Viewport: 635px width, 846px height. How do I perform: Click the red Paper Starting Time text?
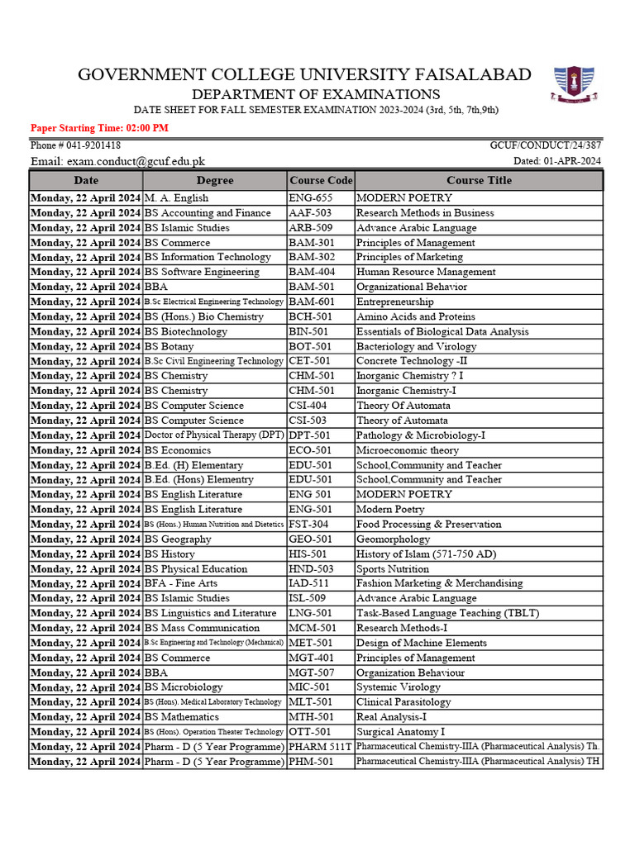[x=99, y=128]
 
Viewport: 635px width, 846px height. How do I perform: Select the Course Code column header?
[x=321, y=180]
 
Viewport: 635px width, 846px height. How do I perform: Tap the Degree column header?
[x=215, y=180]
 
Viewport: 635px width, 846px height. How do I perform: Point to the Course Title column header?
[x=479, y=180]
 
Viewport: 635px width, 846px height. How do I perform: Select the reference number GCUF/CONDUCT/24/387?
[x=546, y=145]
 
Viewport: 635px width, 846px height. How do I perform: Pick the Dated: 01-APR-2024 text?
[x=557, y=161]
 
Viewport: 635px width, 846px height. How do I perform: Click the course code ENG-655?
[x=309, y=198]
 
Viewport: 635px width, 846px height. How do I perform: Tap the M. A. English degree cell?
[x=176, y=198]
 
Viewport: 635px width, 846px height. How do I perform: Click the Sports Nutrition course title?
[x=393, y=569]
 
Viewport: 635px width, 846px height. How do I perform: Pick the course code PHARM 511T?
[x=320, y=747]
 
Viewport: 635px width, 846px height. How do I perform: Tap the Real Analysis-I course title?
[x=391, y=717]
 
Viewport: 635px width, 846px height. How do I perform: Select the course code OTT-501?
[x=310, y=732]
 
